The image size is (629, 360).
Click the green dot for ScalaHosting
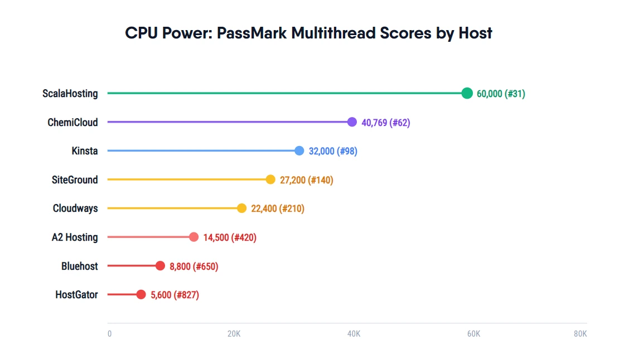click(467, 93)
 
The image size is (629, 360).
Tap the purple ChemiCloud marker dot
click(352, 122)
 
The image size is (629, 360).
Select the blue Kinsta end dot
click(299, 150)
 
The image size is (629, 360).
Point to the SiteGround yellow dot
click(270, 179)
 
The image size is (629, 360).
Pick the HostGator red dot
click(141, 295)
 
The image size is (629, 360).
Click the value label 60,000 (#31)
click(500, 94)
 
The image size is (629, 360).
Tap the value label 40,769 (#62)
click(385, 123)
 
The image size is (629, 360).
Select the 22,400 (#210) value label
click(278, 208)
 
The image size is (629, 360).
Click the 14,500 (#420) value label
click(230, 237)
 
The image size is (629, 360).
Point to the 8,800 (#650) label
click(193, 266)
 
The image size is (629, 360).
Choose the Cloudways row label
click(75, 208)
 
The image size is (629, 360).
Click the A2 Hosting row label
click(75, 237)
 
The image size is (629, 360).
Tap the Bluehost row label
click(79, 266)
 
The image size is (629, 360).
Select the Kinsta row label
click(84, 151)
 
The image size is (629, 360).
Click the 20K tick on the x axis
click(234, 334)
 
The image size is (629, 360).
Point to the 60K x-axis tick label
click(473, 334)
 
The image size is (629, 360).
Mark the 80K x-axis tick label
click(580, 334)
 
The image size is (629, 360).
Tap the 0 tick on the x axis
click(109, 334)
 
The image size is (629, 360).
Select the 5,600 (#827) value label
click(175, 295)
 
